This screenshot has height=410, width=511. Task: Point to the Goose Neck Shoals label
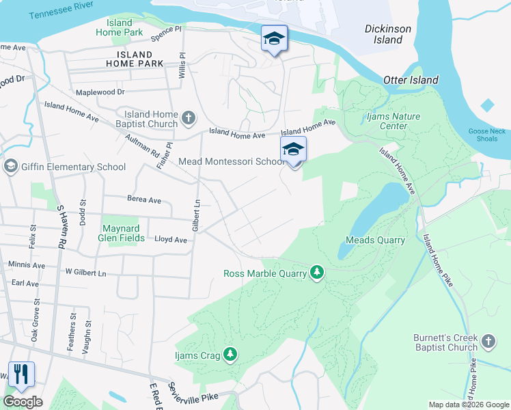tap(488, 135)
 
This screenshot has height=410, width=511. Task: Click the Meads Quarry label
tap(375, 240)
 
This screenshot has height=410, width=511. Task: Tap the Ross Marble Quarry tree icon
tap(317, 273)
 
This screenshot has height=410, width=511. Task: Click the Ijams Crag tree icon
tap(232, 354)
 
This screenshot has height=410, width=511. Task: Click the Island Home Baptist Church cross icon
tap(189, 119)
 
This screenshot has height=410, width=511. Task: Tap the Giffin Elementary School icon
tap(11, 167)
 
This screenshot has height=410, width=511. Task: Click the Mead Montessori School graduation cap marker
tap(293, 150)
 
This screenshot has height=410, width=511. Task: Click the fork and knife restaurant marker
tap(21, 374)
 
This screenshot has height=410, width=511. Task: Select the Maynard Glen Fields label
tap(124, 233)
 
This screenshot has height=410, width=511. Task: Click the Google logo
tap(23, 401)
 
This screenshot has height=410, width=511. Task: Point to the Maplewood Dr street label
tap(100, 92)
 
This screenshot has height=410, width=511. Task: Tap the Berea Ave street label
tap(144, 200)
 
